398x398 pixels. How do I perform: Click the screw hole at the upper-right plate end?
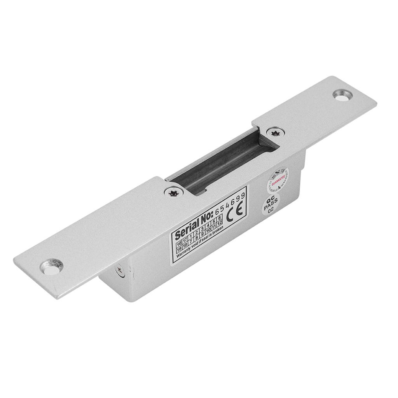pos(342,95)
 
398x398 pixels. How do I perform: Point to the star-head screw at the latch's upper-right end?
pos(276,133)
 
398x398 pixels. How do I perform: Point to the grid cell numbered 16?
pos(179,244)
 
